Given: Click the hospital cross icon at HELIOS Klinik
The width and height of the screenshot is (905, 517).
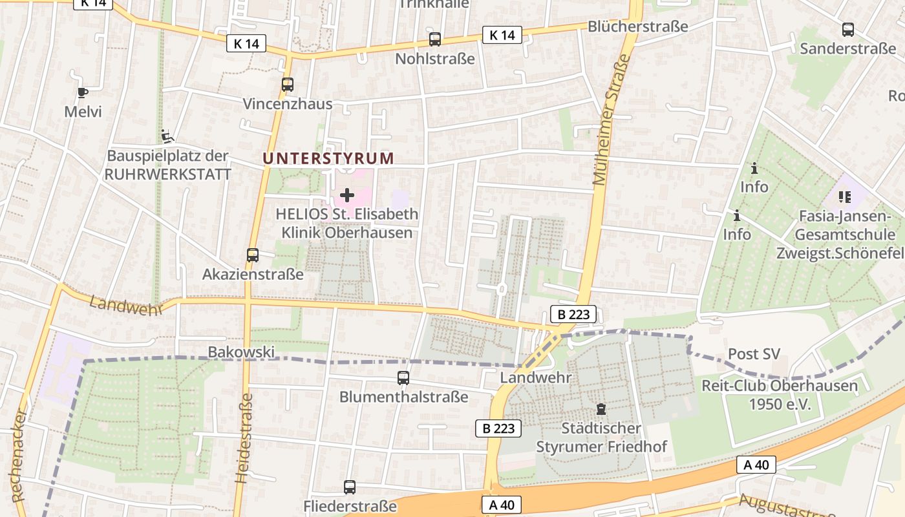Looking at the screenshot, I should [347, 195].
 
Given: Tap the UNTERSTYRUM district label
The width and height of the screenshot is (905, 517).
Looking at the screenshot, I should [328, 158].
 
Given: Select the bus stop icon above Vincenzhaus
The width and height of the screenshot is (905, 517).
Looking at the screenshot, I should [288, 85].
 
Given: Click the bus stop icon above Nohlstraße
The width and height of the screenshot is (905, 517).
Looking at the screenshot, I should [435, 39].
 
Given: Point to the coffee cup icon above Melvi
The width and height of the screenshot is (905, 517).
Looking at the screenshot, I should [83, 92].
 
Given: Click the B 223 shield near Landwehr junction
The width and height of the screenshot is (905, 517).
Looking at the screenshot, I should [573, 315].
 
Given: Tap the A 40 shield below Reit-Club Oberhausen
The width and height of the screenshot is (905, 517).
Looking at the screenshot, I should [756, 465].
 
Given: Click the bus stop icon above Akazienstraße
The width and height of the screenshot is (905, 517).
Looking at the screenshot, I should [253, 255].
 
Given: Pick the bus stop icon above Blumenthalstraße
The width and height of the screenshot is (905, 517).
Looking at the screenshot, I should [403, 378].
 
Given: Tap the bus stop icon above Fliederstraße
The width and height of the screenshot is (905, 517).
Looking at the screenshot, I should [350, 487].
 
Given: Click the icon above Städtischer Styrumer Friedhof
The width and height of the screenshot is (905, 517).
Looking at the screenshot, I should [601, 409].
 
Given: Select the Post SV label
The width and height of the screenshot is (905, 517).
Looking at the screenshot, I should [754, 354].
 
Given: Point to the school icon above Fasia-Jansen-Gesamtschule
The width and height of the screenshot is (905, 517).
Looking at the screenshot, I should [844, 196].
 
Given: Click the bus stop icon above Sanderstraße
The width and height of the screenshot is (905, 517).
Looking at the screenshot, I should [847, 30].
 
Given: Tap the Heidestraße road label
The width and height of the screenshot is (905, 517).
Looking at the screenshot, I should [242, 438].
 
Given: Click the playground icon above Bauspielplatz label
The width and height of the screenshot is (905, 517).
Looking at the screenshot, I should [167, 136].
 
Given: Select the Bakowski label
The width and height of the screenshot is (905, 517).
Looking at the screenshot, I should [241, 352].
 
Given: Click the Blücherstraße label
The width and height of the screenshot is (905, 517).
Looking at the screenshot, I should [637, 26].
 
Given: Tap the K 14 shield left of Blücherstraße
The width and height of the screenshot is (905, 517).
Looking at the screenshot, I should [502, 35].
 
